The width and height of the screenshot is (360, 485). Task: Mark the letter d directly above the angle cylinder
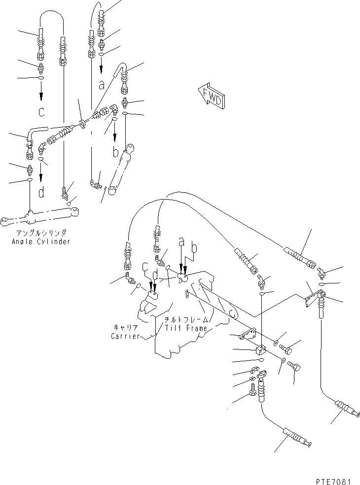click(x=41, y=193)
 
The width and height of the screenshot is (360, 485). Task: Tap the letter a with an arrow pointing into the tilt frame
click(x=181, y=242)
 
